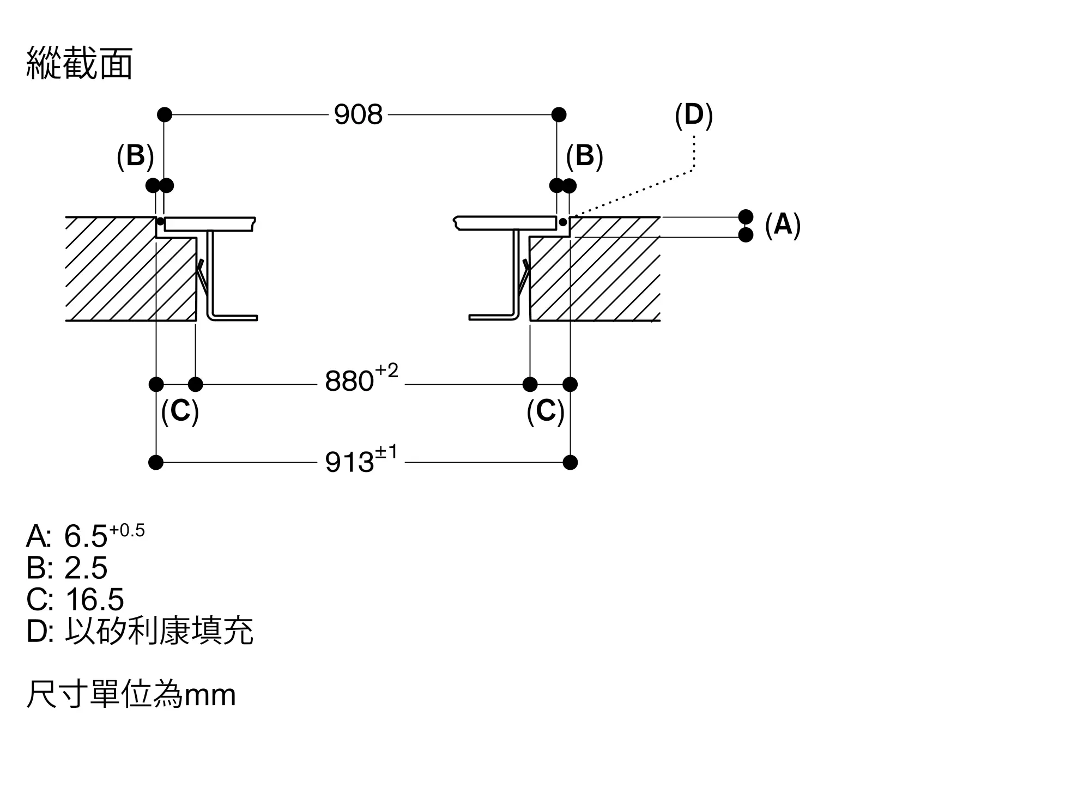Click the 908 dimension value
click(358, 115)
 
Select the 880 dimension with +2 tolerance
click(361, 380)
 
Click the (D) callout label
click(693, 116)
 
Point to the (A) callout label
click(783, 225)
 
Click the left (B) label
click(135, 156)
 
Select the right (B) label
click(584, 156)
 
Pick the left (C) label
click(180, 411)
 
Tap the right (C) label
click(545, 411)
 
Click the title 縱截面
click(80, 64)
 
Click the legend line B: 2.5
click(67, 568)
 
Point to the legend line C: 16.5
click(75, 599)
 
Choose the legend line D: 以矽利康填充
click(140, 631)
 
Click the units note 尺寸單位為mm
click(131, 695)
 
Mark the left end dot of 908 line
click(165, 114)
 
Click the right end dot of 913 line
click(570, 463)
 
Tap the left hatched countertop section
click(120, 278)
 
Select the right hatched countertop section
click(605, 278)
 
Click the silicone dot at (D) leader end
click(562, 222)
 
